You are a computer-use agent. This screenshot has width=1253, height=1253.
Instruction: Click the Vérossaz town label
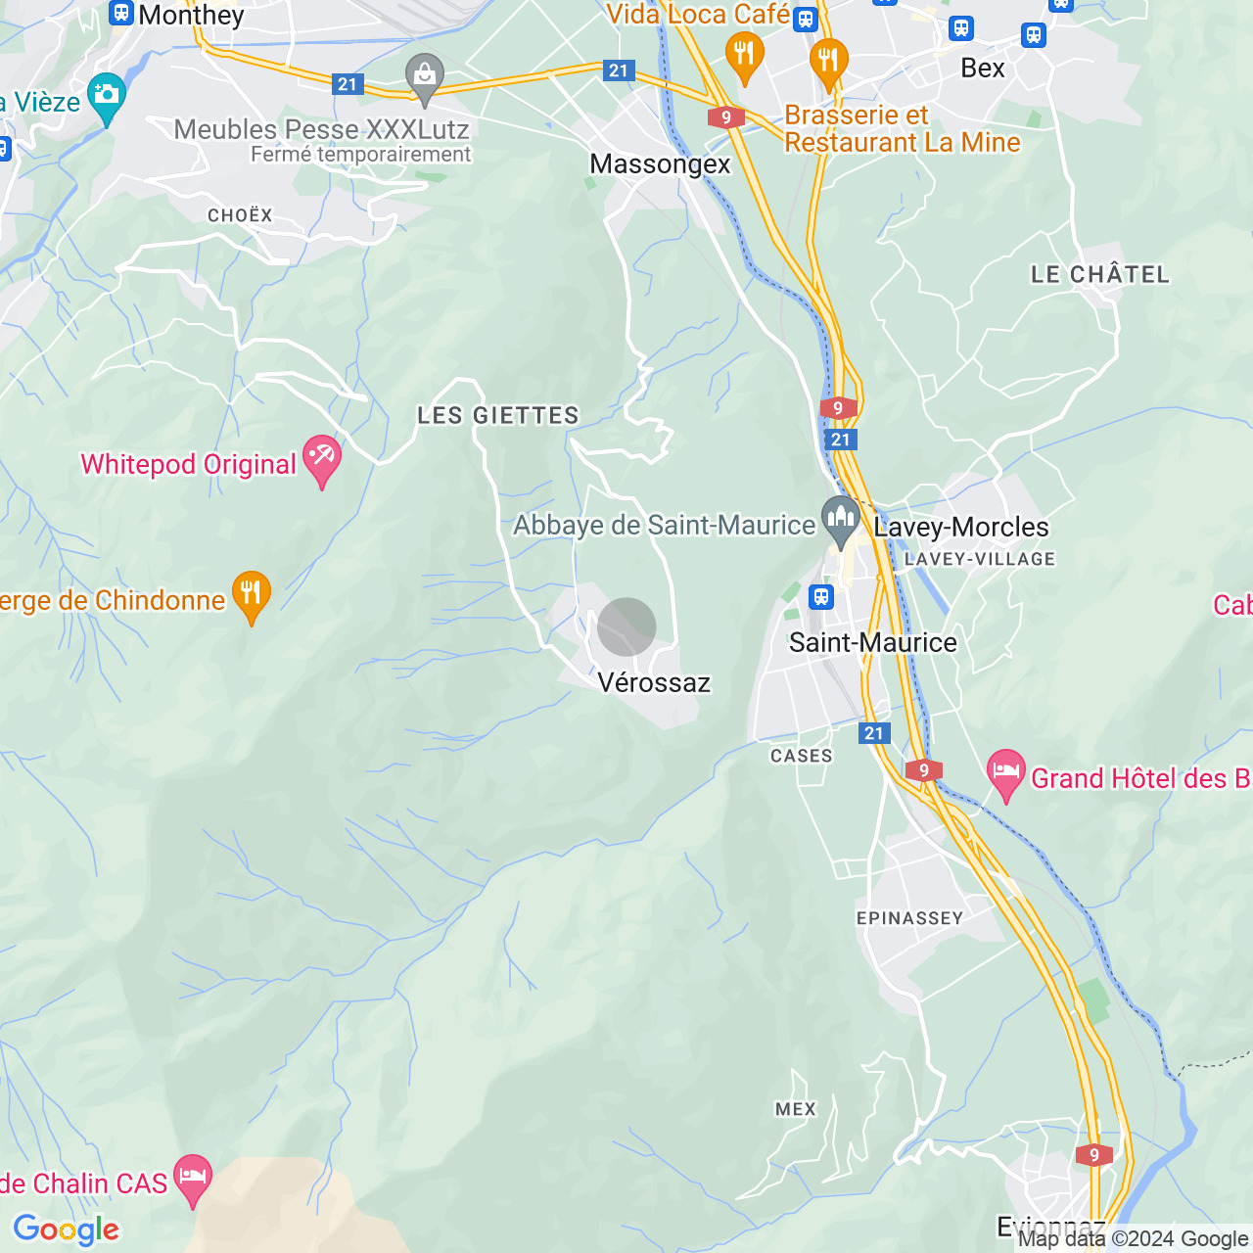654,682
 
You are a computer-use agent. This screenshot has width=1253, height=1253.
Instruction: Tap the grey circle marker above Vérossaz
626,626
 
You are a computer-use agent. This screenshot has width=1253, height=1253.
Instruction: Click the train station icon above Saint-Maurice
821,596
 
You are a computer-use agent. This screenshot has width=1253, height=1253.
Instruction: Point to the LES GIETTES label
498,416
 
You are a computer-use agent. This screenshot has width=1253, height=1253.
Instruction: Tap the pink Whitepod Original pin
321,460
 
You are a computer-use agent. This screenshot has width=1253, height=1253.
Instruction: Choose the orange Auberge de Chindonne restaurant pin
252,595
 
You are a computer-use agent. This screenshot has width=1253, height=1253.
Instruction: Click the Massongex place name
660,164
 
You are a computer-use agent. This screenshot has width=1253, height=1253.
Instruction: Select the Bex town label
983,69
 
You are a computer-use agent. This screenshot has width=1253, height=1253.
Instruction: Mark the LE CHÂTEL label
1100,275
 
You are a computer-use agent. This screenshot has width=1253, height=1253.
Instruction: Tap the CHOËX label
240,215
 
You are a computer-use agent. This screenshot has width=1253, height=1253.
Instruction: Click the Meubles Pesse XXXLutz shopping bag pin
425,77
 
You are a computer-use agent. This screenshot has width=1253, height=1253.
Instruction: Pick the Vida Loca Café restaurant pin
744,56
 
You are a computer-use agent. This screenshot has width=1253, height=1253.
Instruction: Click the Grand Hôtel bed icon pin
1005,773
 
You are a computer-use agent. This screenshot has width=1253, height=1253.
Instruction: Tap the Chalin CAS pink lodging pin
192,1179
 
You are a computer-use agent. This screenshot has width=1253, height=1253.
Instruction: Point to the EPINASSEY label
909,918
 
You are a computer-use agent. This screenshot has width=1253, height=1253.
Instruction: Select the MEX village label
795,1109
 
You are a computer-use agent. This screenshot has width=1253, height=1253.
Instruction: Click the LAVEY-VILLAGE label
980,559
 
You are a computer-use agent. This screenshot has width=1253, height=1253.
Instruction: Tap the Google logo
67,1230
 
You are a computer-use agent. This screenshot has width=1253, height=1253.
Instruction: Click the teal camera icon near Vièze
107,97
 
